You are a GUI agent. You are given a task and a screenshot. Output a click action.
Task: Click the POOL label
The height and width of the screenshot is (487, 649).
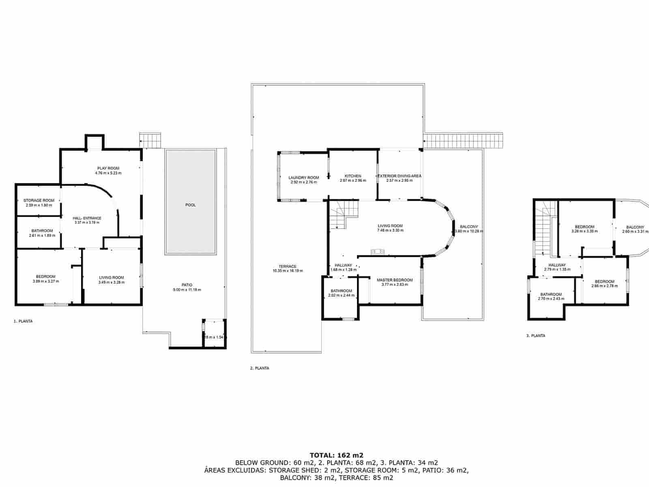190,205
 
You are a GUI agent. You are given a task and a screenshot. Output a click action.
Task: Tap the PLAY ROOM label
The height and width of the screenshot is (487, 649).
108,168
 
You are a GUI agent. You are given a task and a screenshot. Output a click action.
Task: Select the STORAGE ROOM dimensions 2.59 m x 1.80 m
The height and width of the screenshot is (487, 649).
39,205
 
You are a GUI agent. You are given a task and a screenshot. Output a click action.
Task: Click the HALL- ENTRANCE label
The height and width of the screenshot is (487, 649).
87,218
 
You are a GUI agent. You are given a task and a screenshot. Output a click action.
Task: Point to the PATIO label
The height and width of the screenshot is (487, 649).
187,285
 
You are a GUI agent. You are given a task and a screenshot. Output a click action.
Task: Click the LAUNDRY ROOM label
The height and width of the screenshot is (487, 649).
303,177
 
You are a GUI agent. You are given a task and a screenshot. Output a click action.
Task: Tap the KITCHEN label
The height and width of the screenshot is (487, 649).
352,176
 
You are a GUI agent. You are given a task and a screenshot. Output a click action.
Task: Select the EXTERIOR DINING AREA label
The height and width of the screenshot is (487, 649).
400,176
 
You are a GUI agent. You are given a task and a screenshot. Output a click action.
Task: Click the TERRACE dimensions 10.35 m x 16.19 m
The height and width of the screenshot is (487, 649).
288,271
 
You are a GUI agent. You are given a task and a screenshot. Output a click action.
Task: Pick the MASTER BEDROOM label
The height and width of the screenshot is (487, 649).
394,280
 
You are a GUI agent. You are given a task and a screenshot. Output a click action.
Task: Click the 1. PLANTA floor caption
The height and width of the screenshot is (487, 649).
23,321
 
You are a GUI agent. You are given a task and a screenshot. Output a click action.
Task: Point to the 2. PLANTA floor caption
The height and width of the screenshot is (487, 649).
260,368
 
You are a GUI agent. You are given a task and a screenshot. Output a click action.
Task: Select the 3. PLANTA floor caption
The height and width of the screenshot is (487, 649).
535,336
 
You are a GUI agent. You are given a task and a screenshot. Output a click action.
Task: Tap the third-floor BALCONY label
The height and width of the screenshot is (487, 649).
635,227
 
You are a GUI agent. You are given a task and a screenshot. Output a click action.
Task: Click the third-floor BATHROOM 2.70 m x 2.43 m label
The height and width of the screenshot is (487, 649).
551,297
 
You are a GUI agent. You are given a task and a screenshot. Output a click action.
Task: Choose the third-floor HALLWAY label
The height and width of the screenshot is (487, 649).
557,265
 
